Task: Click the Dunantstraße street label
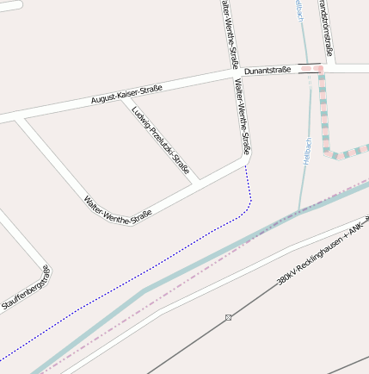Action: point(268,70)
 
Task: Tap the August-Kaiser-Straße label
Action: point(127,95)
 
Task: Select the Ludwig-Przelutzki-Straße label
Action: point(161,140)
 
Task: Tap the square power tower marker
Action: point(228,318)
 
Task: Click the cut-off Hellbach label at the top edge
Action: point(298,11)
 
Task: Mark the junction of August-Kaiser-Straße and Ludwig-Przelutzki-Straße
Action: point(122,97)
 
